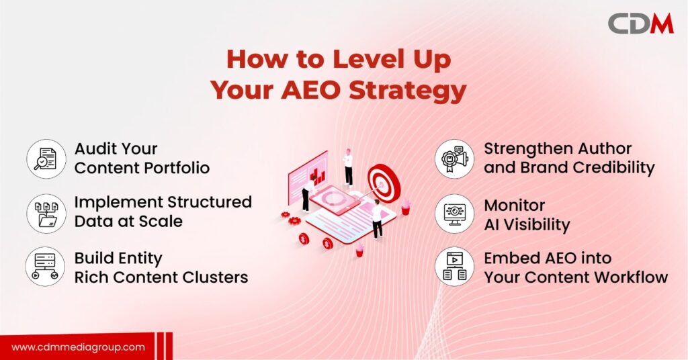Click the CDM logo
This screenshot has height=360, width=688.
pyautogui.click(x=640, y=24)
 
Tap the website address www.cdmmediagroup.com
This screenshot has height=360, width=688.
pyautogui.click(x=78, y=347)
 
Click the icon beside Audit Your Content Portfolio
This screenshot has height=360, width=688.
pyautogui.click(x=46, y=159)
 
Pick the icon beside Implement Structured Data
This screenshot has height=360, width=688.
pyautogui.click(x=46, y=213)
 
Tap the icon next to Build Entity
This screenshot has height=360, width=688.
pyautogui.click(x=46, y=267)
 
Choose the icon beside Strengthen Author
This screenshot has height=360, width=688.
pyautogui.click(x=454, y=159)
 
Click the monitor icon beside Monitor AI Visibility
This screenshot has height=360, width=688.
pyautogui.click(x=454, y=213)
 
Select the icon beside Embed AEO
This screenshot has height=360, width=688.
pyautogui.click(x=454, y=267)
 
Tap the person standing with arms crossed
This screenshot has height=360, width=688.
pyautogui.click(x=347, y=166)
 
